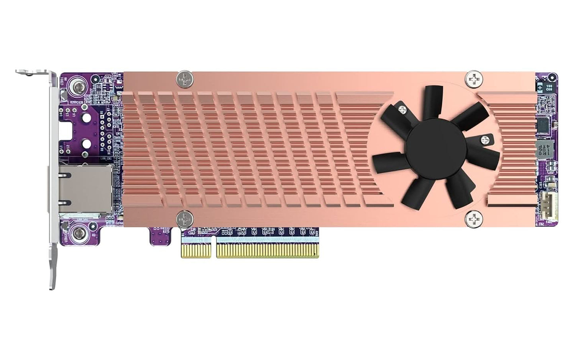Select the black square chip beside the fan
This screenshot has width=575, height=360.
click(x=544, y=124)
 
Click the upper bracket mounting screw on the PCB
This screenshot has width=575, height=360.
click(x=75, y=85)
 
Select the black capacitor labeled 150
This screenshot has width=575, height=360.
click(x=549, y=87)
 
